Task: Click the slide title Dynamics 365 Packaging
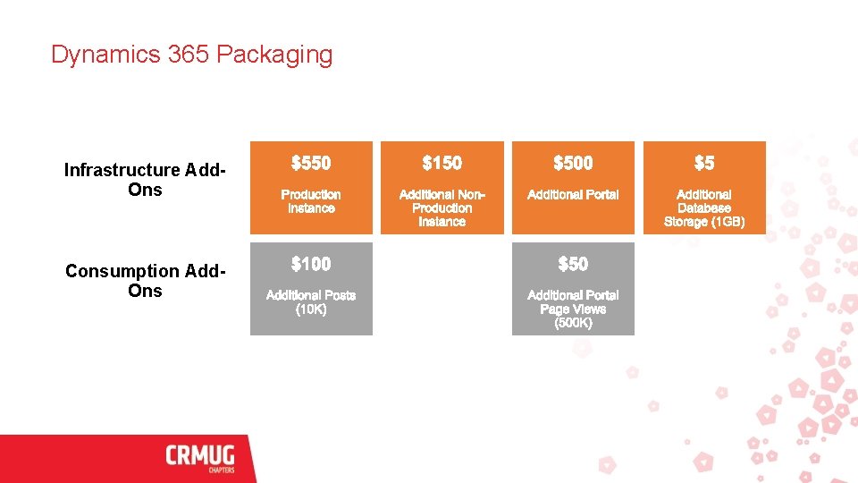[x=191, y=55]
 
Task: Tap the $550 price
[x=311, y=163]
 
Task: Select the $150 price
[x=442, y=163]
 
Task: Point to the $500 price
[x=573, y=163]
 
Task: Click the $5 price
[x=704, y=163]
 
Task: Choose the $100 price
[x=311, y=264]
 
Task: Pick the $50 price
[x=573, y=264]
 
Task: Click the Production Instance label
[x=311, y=201]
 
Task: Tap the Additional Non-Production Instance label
[x=442, y=208]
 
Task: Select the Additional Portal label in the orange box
[x=573, y=194]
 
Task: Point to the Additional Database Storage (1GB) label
[x=704, y=208]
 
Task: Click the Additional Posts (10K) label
[x=311, y=302]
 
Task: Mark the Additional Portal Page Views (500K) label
[x=573, y=309]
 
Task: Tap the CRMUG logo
[x=200, y=456]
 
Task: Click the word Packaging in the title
[x=274, y=55]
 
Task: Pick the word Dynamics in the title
[x=105, y=55]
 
